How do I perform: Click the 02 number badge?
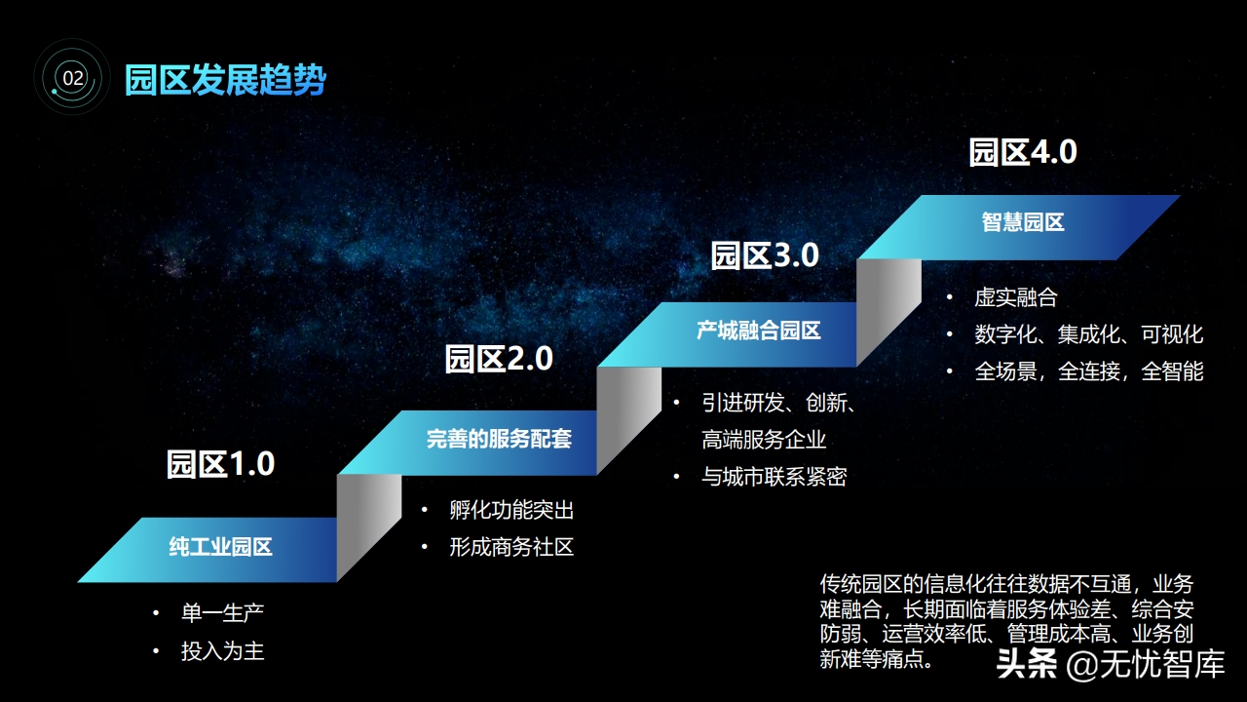(x=72, y=77)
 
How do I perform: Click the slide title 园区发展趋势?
(x=225, y=80)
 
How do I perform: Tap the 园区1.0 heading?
(x=220, y=464)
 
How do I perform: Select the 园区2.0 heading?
(x=499, y=358)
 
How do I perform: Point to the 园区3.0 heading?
(x=765, y=255)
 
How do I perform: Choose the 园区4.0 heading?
(x=1023, y=152)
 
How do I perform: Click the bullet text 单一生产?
(x=223, y=613)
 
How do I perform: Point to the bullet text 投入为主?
(x=223, y=651)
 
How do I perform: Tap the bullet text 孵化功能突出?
(x=511, y=510)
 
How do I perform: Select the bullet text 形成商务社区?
(x=511, y=547)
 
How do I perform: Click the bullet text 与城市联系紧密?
(x=775, y=477)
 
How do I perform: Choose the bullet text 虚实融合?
(x=1016, y=297)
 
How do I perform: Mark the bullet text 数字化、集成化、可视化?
(x=1089, y=334)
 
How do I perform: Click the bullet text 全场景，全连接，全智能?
(x=1089, y=371)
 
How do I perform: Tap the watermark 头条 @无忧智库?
(x=1111, y=664)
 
